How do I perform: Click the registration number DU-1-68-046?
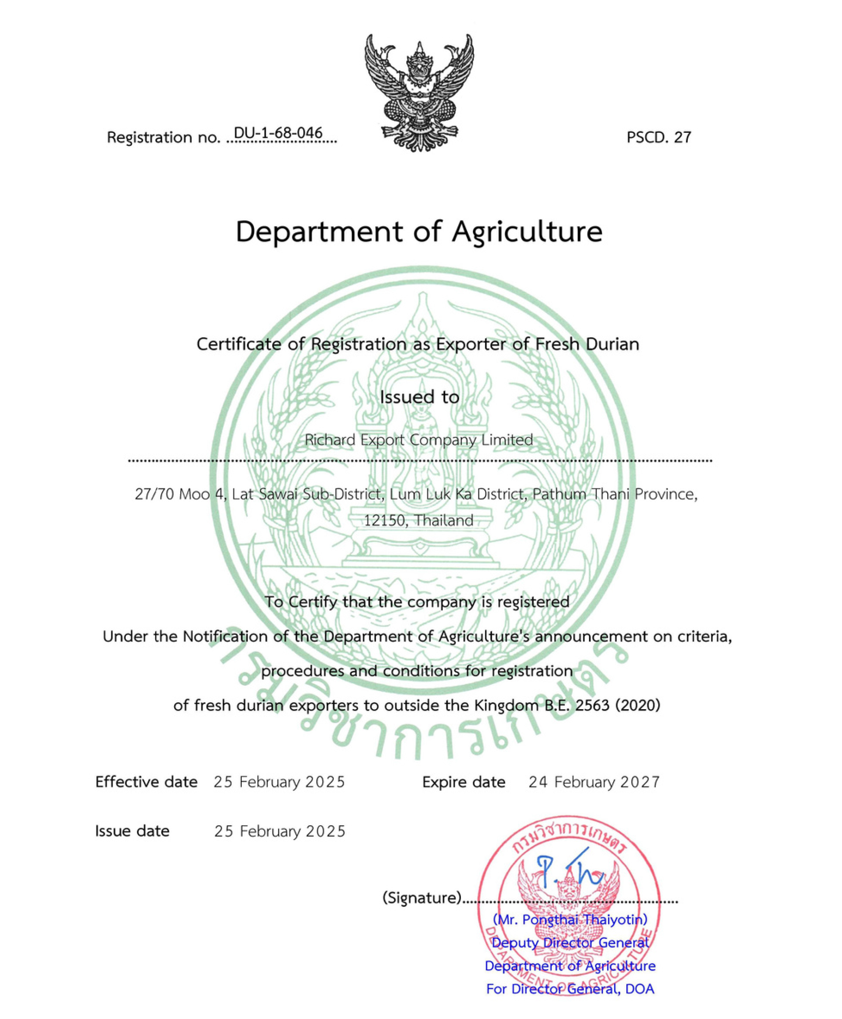coord(278,133)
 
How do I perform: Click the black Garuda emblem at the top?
coord(419,92)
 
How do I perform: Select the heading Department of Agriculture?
coord(418,232)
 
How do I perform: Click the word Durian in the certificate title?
coord(612,344)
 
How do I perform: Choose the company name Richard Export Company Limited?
coord(418,440)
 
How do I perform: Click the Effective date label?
coord(146,782)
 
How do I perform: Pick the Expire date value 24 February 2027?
coord(594,782)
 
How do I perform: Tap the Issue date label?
coord(132,831)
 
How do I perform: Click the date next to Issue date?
coord(280,831)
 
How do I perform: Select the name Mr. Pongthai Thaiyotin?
coord(570,920)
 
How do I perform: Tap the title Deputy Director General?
coord(570,943)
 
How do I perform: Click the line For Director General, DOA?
coord(570,989)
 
